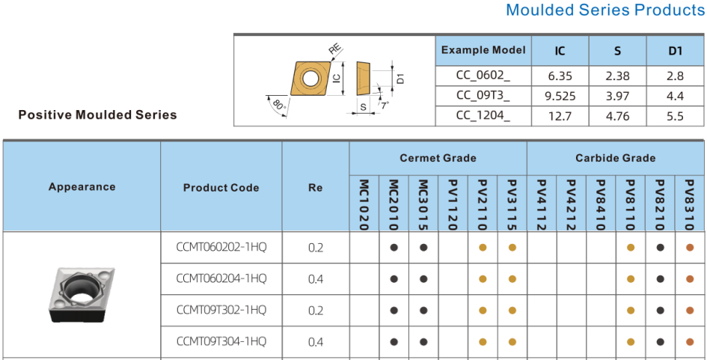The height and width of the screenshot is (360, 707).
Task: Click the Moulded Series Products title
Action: (x=606, y=10)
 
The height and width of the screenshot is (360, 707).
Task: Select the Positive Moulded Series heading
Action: (x=97, y=115)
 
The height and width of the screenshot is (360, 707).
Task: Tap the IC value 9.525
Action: (x=560, y=96)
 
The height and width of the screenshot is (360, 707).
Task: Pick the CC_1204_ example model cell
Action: (x=483, y=117)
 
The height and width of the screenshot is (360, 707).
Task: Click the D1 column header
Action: (x=675, y=51)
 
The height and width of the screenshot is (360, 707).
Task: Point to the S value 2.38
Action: (x=617, y=76)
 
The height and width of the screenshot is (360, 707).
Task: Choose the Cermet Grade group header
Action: (x=438, y=158)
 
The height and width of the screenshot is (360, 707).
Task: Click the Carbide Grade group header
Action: (x=616, y=158)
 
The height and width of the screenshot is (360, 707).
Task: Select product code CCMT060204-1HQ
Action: (x=221, y=278)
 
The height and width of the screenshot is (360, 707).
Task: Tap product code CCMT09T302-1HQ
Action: (x=221, y=310)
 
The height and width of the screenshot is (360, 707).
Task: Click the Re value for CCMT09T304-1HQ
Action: (x=316, y=342)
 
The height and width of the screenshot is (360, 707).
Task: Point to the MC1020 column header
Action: (x=364, y=205)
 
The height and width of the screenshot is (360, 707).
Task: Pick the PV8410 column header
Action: (x=601, y=205)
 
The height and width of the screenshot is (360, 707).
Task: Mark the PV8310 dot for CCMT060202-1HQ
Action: (x=689, y=248)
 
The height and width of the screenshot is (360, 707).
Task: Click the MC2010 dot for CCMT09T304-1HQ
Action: (x=394, y=342)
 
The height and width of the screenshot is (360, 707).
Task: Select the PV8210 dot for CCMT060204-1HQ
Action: (x=660, y=279)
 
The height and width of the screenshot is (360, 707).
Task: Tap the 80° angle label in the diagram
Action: (x=280, y=106)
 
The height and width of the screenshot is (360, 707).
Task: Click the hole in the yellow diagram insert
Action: (x=310, y=79)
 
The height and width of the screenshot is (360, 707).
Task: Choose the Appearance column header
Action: (x=82, y=187)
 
